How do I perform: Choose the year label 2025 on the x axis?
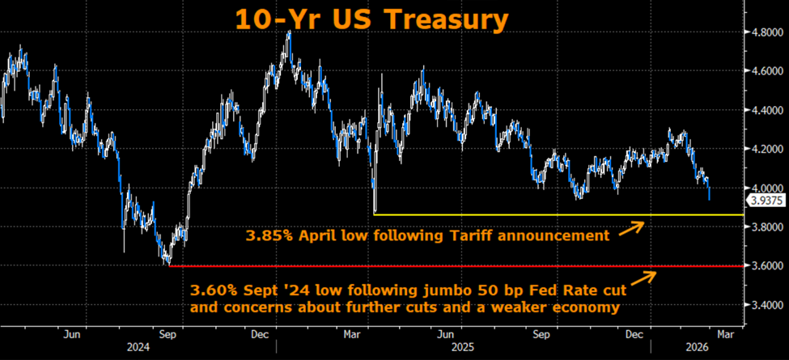tap(462, 348)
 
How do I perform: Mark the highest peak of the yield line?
tap(289, 32)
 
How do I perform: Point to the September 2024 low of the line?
tap(167, 263)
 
